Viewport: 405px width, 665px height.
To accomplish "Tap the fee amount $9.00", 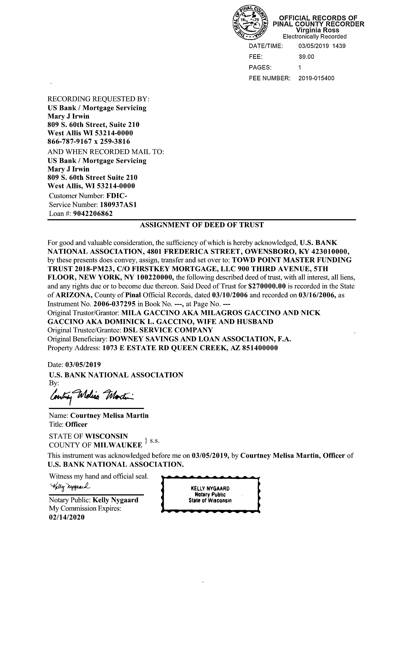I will [306, 57].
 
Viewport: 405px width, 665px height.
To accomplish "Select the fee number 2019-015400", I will [316, 78].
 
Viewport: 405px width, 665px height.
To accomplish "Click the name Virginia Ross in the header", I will [318, 30].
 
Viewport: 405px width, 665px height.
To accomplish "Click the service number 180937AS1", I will [118, 205].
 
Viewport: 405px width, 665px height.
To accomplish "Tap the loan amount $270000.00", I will [267, 286].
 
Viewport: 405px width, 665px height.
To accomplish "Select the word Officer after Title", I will [76, 424].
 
